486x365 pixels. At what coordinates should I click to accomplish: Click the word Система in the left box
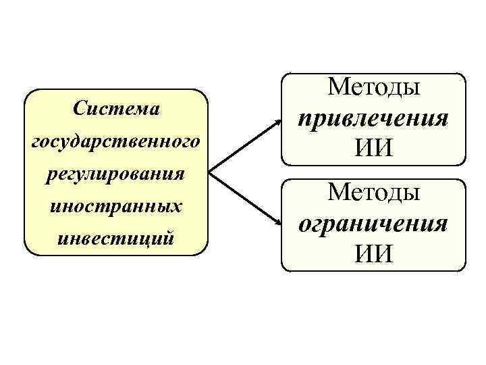tap(115, 109)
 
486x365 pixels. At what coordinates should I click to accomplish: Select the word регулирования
tap(115, 174)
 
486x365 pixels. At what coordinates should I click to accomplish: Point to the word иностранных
tap(115, 205)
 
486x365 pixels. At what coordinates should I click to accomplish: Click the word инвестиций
tap(115, 238)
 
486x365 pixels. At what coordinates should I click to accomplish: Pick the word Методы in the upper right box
tap(373, 87)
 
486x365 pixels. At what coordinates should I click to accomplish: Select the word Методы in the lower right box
tap(373, 193)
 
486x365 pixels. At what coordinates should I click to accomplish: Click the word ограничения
tap(373, 223)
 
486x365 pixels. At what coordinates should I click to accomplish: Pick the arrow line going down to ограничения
tap(243, 197)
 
